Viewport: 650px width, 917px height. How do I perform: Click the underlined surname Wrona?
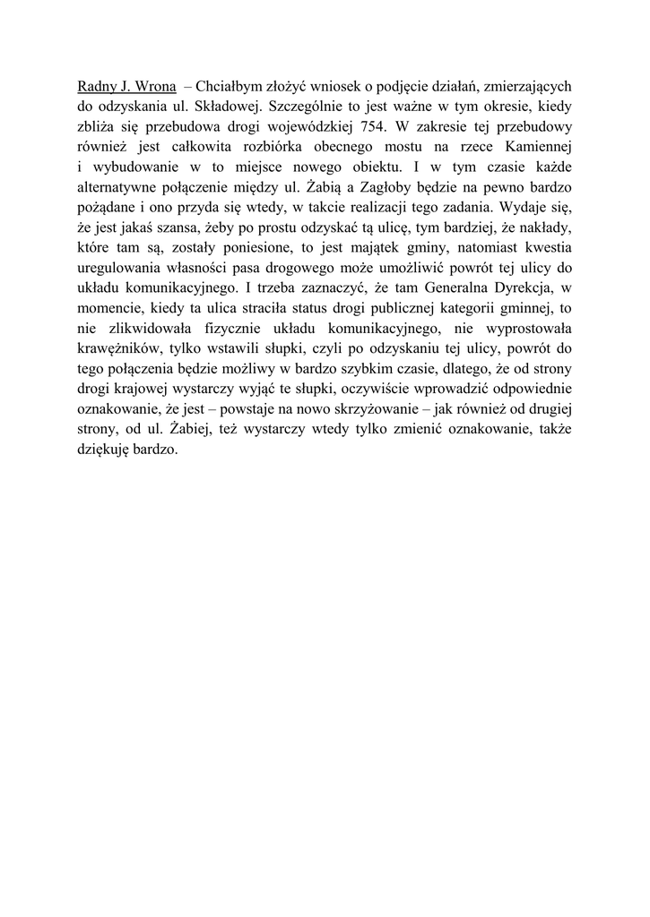(153, 87)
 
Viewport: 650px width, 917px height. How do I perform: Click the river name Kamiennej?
(536, 146)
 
